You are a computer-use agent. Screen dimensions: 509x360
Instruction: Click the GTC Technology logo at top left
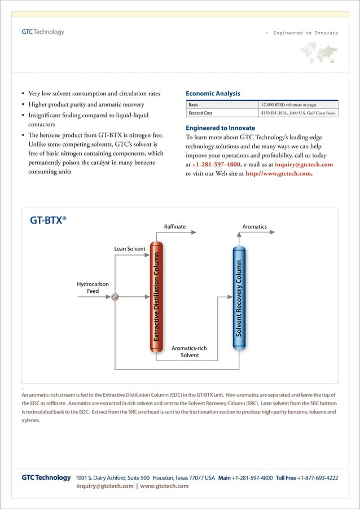43,32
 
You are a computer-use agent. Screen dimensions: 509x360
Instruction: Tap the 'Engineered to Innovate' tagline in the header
305,33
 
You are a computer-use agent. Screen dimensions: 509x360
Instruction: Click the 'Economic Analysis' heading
213,94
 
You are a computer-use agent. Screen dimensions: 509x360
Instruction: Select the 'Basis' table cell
194,104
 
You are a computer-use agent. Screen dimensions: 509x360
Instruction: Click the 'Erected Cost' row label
200,113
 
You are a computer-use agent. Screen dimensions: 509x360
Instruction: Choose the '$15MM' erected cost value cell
298,113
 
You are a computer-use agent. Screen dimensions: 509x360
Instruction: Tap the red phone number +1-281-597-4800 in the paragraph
217,164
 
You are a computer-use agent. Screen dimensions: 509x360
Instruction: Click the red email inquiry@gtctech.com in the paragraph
304,164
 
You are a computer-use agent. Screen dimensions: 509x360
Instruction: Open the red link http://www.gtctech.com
278,174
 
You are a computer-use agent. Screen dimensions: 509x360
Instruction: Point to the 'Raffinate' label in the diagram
174,227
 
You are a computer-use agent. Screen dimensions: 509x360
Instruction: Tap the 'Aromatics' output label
254,227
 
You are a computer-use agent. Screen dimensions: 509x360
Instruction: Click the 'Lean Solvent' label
130,248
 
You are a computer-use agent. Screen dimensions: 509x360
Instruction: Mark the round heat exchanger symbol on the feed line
115,296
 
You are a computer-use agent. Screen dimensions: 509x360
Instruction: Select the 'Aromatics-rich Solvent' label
189,352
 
